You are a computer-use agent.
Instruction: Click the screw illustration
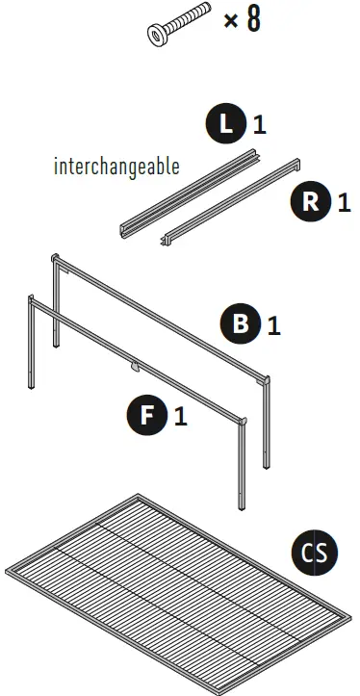[x=178, y=24]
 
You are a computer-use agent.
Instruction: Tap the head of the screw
[x=157, y=35]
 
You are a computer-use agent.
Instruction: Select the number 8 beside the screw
[x=253, y=19]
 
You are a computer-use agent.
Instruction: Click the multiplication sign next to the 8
[x=231, y=20]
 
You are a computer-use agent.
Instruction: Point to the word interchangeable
[x=116, y=166]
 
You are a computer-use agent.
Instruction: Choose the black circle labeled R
[x=311, y=201]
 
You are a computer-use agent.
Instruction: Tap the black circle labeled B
[x=241, y=322]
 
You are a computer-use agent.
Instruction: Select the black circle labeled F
[x=147, y=415]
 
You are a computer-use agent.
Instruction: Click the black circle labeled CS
[x=315, y=553]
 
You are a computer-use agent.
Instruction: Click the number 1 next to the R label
[x=345, y=202]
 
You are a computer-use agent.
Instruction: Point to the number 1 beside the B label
[x=274, y=325]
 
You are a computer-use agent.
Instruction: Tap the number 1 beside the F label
[x=181, y=417]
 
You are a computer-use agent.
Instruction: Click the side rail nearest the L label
[x=190, y=193]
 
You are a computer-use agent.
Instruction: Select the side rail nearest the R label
[x=230, y=202]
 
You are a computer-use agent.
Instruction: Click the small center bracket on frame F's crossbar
[x=135, y=367]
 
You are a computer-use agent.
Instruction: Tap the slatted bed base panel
[x=178, y=595]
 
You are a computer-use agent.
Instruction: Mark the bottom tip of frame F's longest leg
[x=242, y=508]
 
